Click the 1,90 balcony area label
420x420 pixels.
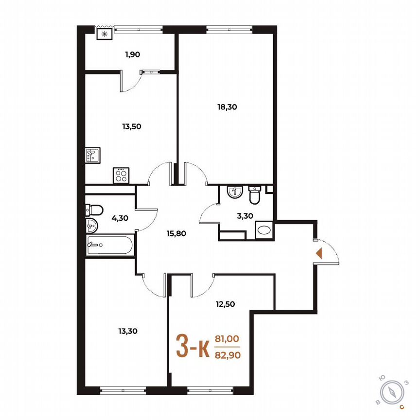[132, 54]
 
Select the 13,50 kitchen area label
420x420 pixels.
[131, 126]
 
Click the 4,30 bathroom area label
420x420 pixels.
[120, 218]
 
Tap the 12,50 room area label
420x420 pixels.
[226, 305]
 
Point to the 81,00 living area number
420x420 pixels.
[227, 339]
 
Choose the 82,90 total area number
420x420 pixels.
[227, 355]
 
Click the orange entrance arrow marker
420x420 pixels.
[319, 253]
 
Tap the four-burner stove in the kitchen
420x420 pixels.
[120, 175]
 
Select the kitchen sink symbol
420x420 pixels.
[92, 155]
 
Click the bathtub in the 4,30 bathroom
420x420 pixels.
[109, 245]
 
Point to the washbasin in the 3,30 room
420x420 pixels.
[234, 193]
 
